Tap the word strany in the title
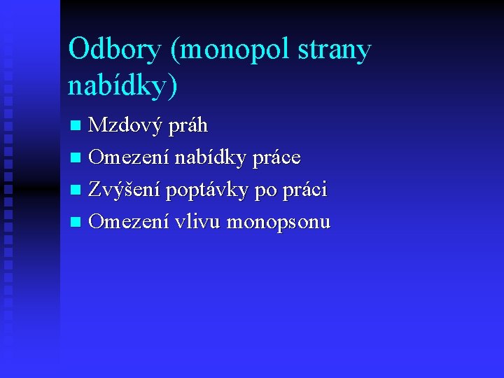coord(337,50)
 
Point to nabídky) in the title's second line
coord(123,87)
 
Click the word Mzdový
coord(126,126)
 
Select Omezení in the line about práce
coord(129,158)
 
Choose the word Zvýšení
coord(125,190)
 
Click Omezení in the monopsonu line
coord(129,223)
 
